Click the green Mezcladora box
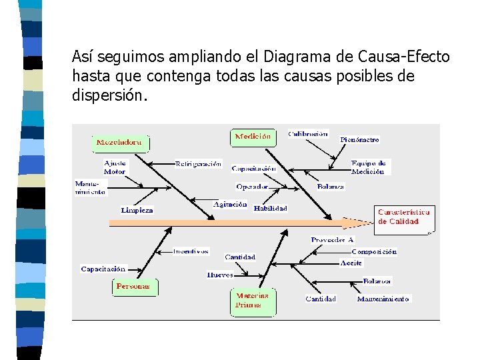click(x=120, y=143)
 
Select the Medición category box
click(x=253, y=137)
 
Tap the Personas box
click(x=134, y=287)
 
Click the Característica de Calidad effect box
click(x=404, y=217)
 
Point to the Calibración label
click(x=308, y=133)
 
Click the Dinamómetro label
click(x=359, y=140)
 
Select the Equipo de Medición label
click(x=368, y=167)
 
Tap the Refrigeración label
click(x=198, y=163)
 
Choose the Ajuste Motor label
click(x=115, y=167)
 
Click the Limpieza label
click(x=137, y=210)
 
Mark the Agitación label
click(x=230, y=205)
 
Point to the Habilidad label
click(x=271, y=208)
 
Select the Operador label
click(x=252, y=187)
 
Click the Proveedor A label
click(x=332, y=240)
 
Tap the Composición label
click(x=374, y=252)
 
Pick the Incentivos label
click(x=191, y=252)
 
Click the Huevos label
click(x=220, y=274)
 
